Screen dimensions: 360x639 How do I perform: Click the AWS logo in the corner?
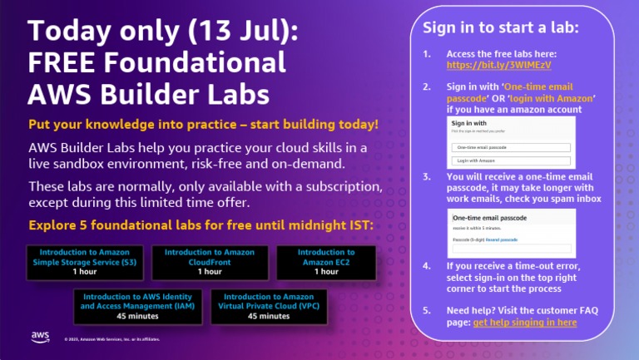click(x=40, y=336)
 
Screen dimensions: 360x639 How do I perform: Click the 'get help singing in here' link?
click(x=524, y=323)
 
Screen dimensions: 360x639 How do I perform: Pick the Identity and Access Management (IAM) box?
click(x=134, y=306)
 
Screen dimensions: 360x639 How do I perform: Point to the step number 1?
click(x=427, y=54)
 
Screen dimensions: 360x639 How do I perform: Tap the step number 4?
click(x=427, y=266)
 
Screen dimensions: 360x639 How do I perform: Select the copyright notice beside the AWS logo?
click(x=111, y=338)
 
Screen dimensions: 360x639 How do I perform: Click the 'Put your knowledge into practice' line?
click(x=203, y=125)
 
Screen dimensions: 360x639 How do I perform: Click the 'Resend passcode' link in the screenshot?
click(x=502, y=239)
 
